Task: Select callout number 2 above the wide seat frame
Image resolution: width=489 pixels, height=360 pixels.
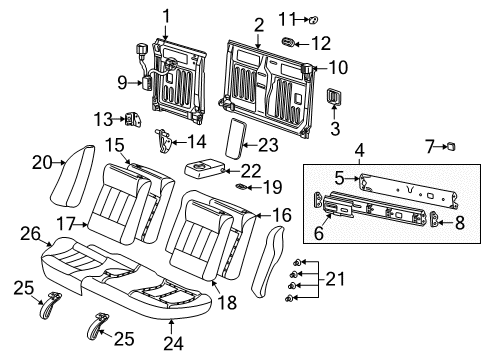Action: click(x=258, y=24)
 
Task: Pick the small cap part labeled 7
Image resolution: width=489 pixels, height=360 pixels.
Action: click(x=451, y=147)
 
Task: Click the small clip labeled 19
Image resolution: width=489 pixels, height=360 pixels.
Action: click(x=240, y=187)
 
